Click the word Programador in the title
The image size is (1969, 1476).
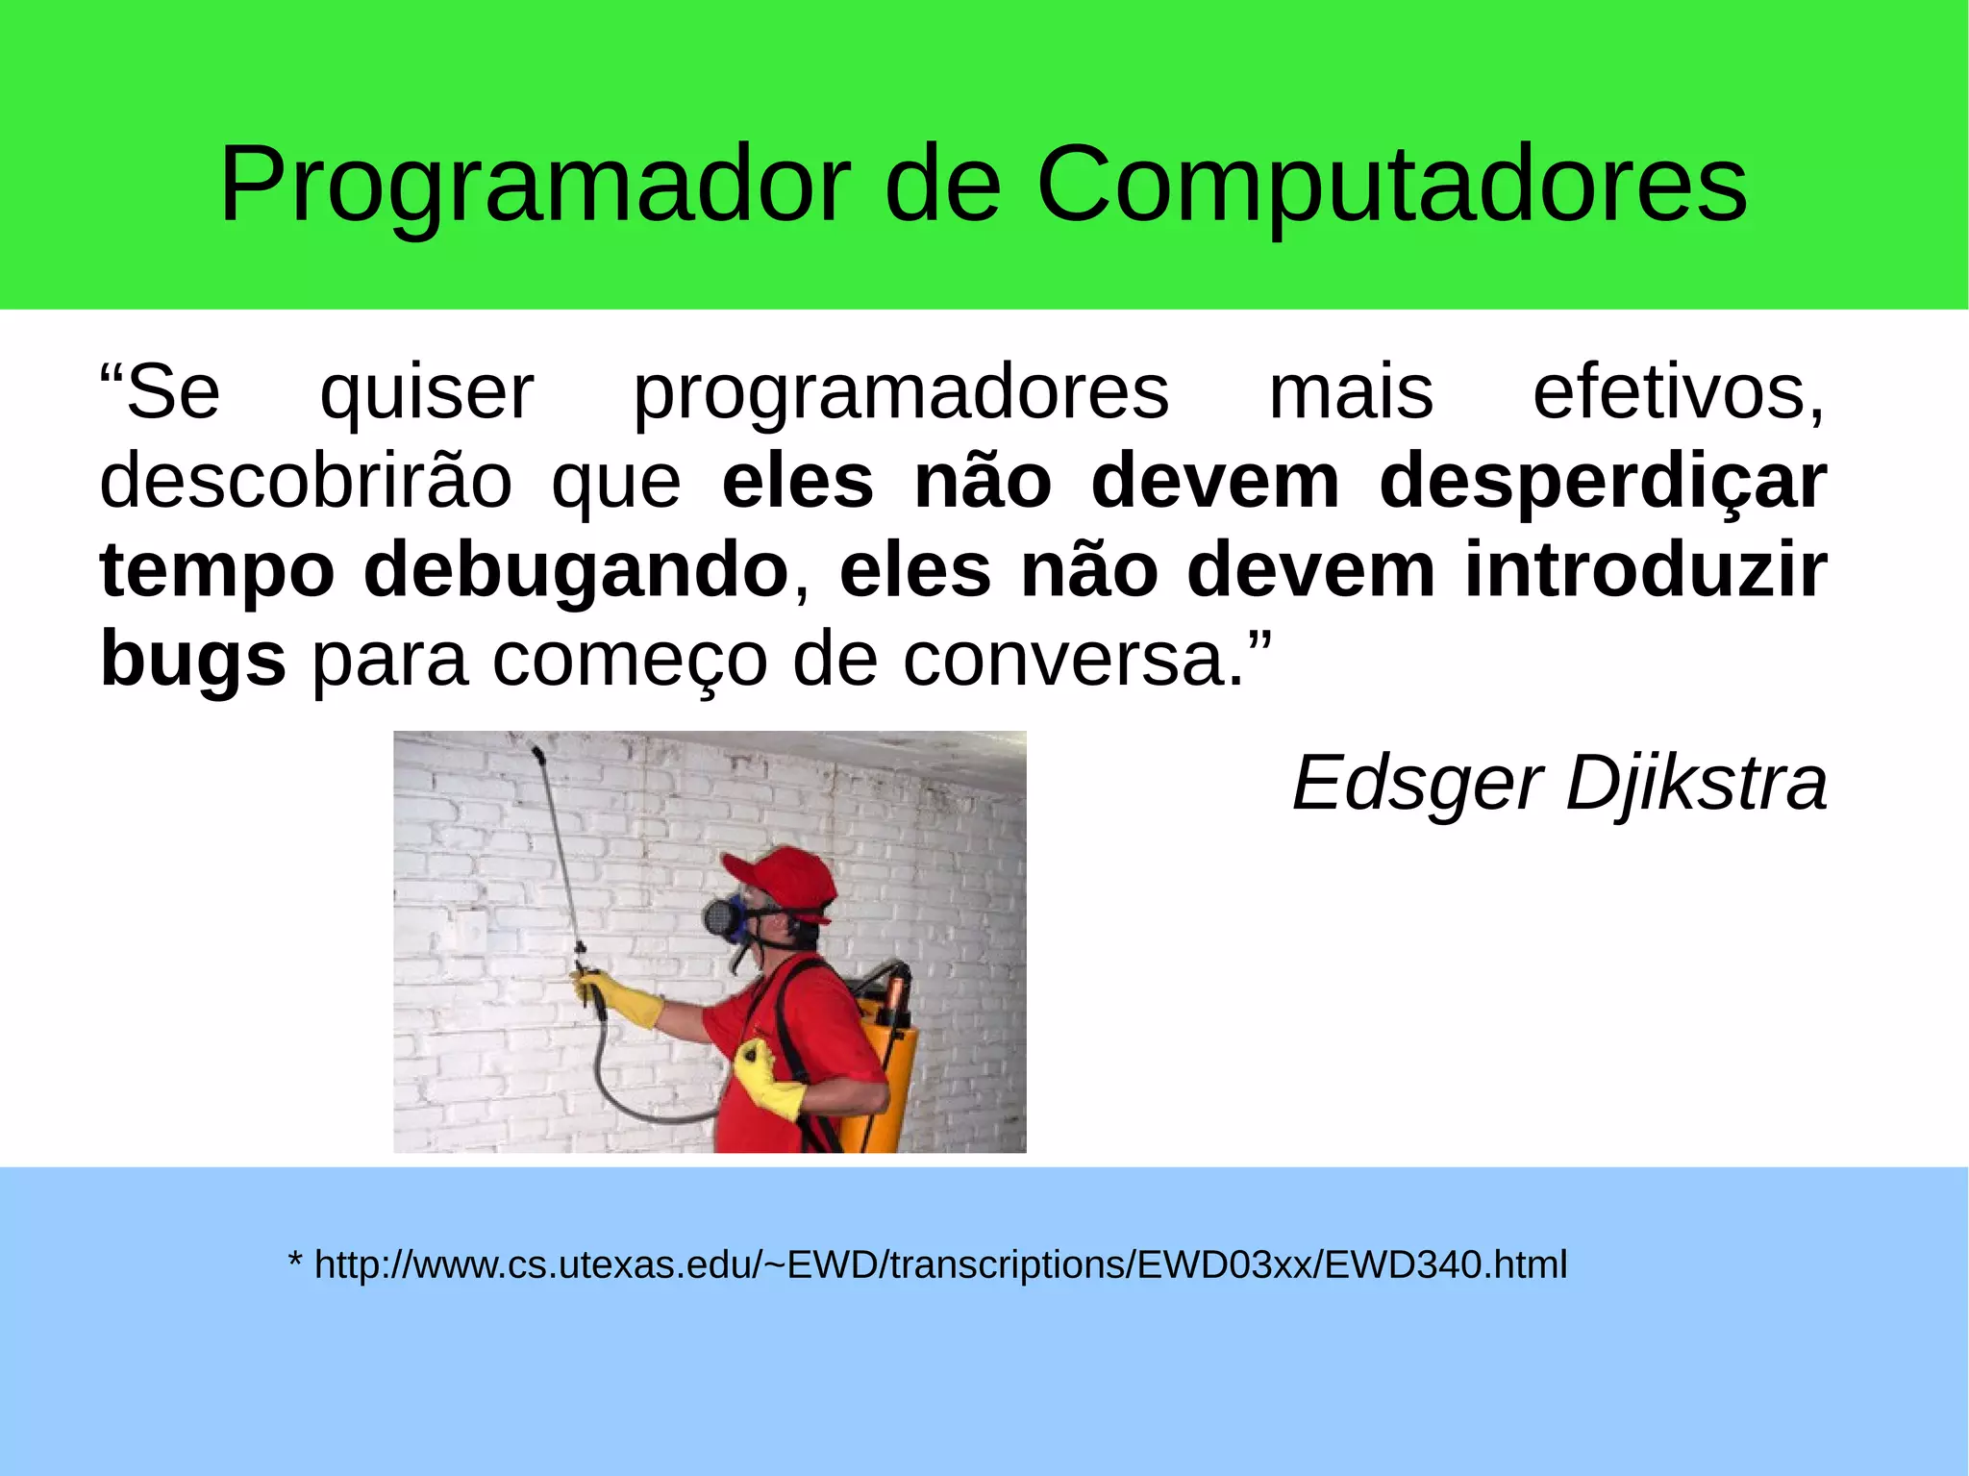point(535,185)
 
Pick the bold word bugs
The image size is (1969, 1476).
point(192,660)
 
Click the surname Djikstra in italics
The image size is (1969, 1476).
point(1696,783)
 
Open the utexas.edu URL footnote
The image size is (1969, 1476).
point(940,1264)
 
